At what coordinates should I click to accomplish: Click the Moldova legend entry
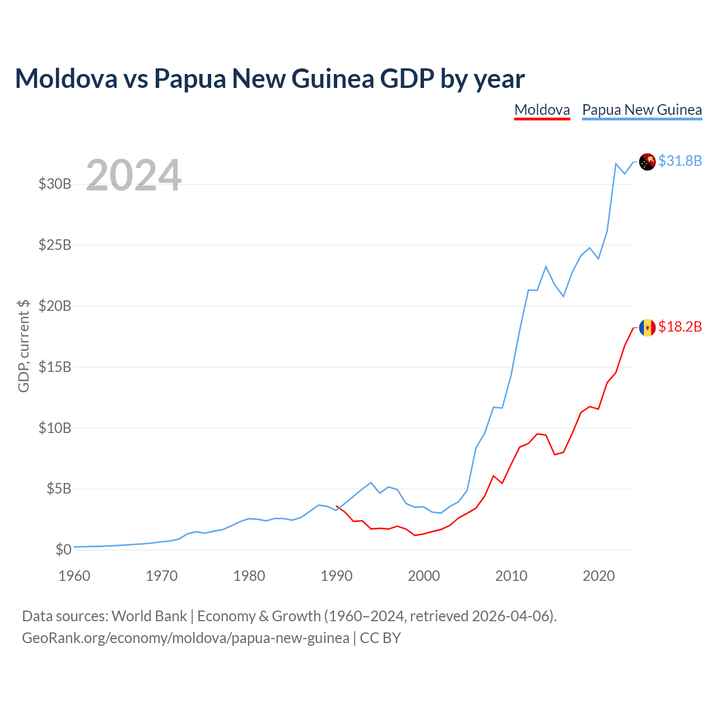click(x=542, y=110)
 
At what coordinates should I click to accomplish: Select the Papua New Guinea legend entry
click(x=642, y=110)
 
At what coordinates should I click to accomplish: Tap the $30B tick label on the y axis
click(x=55, y=184)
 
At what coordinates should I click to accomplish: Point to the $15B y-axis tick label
click(x=55, y=367)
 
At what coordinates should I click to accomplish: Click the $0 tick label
click(x=63, y=550)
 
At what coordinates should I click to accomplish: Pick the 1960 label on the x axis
click(x=74, y=576)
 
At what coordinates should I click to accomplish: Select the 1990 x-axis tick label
click(x=336, y=576)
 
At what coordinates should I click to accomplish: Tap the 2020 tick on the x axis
click(x=598, y=576)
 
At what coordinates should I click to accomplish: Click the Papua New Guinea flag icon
click(x=647, y=162)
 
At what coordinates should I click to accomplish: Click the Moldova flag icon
click(x=647, y=328)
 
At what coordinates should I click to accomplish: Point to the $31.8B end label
click(x=680, y=161)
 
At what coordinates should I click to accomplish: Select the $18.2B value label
click(x=680, y=327)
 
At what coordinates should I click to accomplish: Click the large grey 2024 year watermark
click(x=133, y=175)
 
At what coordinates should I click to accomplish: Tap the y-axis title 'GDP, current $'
click(x=23, y=346)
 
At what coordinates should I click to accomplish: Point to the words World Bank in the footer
click(x=149, y=616)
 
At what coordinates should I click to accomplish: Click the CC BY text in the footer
click(x=380, y=638)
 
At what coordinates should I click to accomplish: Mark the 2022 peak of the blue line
click(x=616, y=164)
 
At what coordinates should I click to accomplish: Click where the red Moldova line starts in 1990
click(x=336, y=506)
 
